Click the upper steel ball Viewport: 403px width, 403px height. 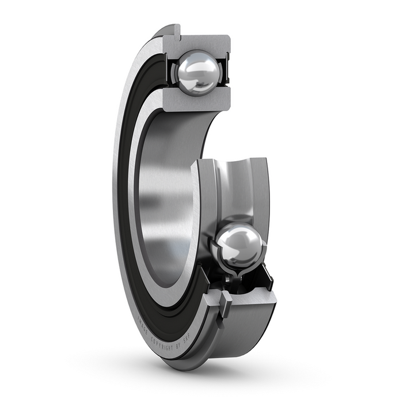click(198, 73)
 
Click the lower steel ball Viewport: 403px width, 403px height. click(239, 246)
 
